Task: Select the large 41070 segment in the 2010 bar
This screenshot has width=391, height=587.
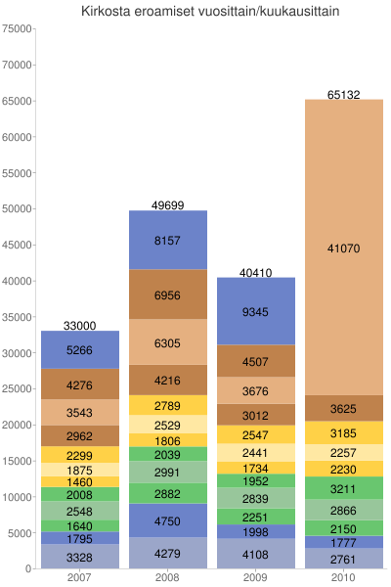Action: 343,248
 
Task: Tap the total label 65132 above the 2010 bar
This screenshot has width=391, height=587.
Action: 343,95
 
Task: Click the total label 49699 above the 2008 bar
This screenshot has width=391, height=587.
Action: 168,205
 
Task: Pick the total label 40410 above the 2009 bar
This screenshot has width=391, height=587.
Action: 256,272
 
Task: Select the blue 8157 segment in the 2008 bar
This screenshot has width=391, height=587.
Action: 168,240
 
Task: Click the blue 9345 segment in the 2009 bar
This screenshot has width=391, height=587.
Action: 256,311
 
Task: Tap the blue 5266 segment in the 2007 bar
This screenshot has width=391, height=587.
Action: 80,350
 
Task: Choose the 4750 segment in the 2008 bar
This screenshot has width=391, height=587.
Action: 168,520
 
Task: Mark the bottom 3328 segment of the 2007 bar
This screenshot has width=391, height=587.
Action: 80,557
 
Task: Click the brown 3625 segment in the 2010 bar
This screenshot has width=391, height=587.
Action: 343,408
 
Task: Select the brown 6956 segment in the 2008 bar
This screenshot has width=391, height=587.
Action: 168,294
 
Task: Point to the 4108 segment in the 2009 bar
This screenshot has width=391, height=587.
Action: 256,554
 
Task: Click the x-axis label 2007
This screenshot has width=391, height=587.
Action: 80,578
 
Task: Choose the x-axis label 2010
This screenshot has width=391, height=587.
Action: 343,578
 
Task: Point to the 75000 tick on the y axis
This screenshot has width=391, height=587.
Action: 18,28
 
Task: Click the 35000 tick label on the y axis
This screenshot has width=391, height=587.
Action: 18,317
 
